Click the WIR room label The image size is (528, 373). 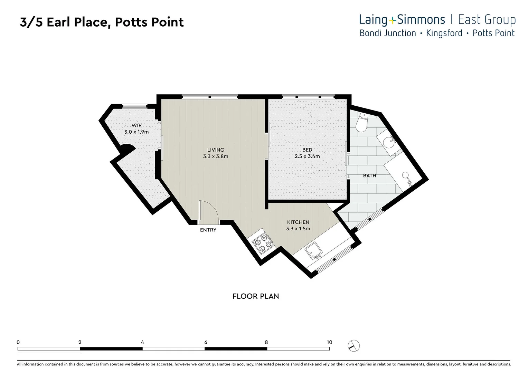click(136, 125)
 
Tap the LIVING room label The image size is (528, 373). click(216, 150)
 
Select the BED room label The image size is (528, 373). click(307, 150)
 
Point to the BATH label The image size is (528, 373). click(369, 175)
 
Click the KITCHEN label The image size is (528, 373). click(298, 222)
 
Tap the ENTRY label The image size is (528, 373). click(208, 230)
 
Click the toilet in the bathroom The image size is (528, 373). click(362, 122)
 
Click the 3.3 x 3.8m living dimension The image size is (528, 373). click(216, 156)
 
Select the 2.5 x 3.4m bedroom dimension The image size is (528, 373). click(307, 156)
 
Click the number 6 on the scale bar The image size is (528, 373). click(206, 342)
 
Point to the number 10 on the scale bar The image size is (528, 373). click(329, 342)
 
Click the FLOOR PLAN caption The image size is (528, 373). click(255, 296)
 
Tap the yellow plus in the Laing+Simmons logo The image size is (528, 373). click(392, 21)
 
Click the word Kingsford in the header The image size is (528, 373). click(444, 33)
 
